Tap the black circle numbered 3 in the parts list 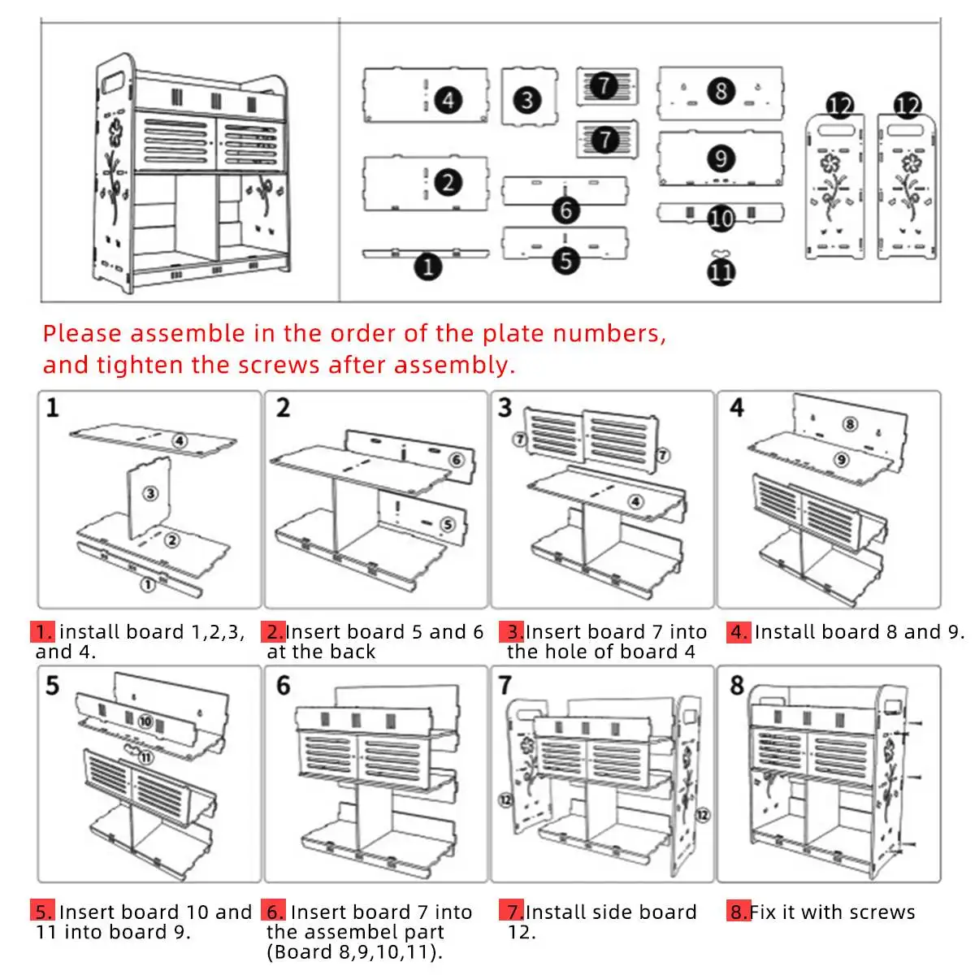527,100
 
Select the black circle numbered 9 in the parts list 721,158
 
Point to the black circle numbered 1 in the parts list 428,266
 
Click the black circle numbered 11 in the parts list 721,271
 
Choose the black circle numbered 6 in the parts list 566,210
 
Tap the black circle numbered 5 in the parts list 566,260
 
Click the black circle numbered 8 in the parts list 721,90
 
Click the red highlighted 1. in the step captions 44,632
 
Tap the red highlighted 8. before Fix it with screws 738,912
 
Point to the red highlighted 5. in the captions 44,912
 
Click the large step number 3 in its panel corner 505,407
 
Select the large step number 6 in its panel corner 283,685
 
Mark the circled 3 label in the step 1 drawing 150,493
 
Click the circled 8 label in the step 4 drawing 850,423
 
